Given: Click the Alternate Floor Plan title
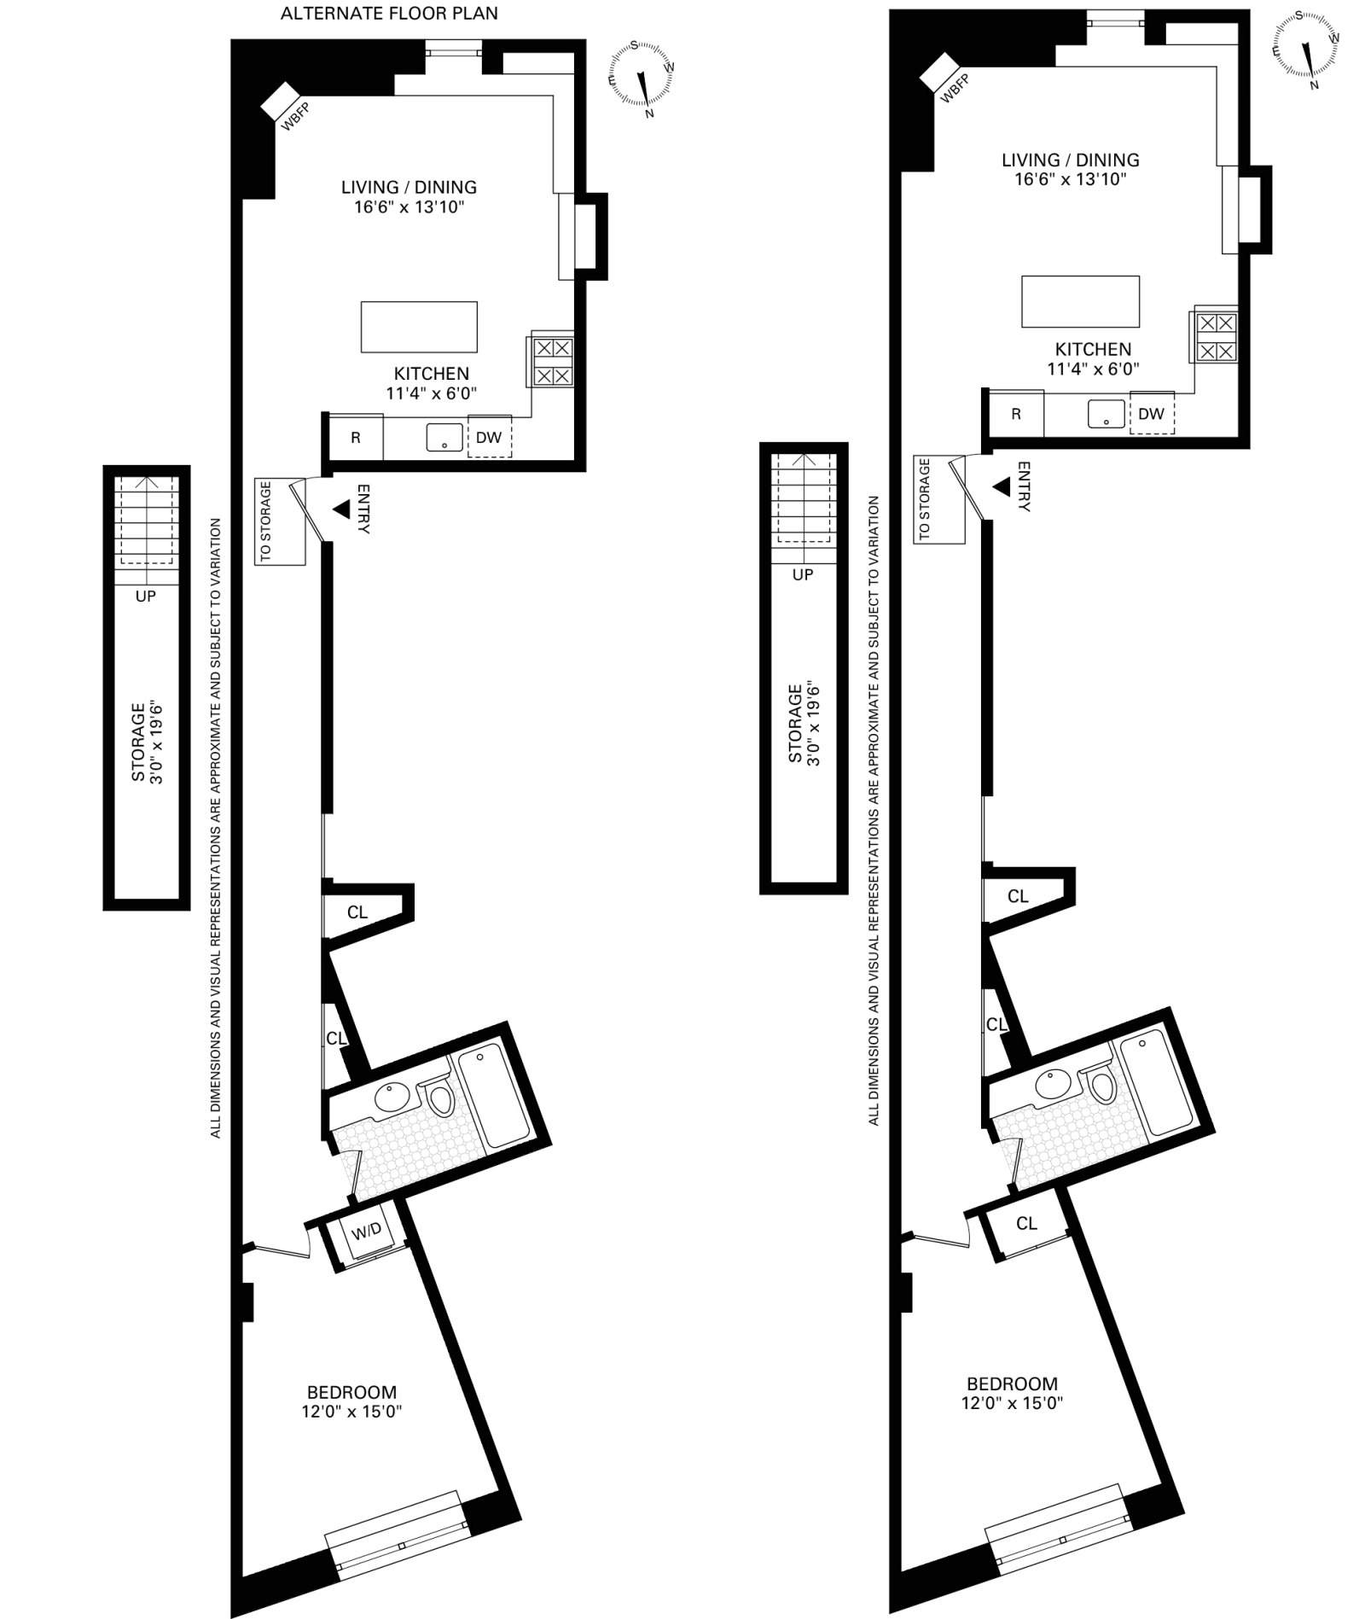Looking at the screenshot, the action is point(389,14).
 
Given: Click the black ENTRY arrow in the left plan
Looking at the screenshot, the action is point(341,510).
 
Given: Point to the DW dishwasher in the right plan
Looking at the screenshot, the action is point(1152,414).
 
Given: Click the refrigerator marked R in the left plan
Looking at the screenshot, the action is point(356,437).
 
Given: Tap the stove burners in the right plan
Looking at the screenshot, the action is point(1216,336).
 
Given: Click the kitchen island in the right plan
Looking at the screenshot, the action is point(1081,301).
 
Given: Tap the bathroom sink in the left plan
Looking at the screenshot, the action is point(393,1098).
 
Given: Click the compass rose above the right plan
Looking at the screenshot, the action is point(1306,49).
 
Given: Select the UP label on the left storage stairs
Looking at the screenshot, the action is point(146,596).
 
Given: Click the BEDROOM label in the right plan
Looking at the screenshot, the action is point(1012,1383).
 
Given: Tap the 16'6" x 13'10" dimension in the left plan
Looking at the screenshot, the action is point(409,207).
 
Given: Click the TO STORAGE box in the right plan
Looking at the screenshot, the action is point(939,500).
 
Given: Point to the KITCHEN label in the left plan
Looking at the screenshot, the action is point(432,373).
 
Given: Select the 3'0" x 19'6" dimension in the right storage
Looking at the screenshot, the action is point(813,725).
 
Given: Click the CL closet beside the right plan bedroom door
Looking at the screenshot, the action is point(1026,1223).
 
